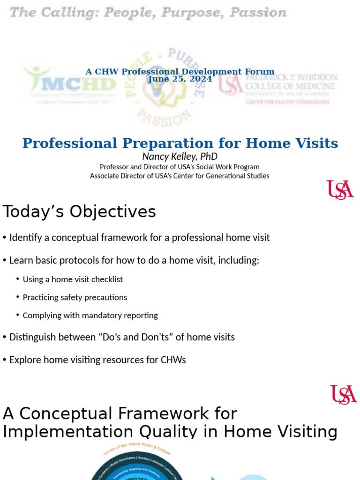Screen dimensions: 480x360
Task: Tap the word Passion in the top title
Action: [257, 13]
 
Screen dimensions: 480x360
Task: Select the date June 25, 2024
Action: [180, 79]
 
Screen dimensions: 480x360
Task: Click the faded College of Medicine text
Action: [290, 86]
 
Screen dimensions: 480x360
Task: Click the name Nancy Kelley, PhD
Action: [180, 157]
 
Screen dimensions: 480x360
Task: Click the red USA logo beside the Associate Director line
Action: [340, 190]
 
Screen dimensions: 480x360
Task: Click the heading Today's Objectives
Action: [79, 212]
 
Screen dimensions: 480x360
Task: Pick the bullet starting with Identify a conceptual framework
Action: [139, 238]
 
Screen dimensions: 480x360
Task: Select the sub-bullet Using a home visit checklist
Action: [73, 279]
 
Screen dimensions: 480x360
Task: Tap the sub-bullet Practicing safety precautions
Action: [75, 298]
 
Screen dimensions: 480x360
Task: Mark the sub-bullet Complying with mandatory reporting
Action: [90, 315]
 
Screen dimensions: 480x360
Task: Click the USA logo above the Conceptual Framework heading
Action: [343, 395]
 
